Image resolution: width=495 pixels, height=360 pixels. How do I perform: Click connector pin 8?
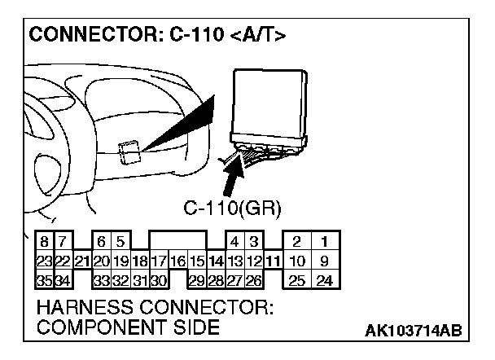pos(42,241)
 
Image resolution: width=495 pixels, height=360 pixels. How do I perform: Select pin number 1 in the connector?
pos(324,241)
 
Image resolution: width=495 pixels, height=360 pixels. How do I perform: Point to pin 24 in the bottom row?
pos(324,281)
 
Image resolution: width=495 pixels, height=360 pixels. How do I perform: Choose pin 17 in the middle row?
pos(159,261)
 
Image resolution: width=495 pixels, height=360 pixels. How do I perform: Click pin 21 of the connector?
pos(81,261)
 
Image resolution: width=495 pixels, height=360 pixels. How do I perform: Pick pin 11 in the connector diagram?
pos(274,261)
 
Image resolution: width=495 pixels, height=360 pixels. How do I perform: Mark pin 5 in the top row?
pos(120,241)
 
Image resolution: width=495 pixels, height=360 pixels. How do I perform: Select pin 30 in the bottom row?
pos(159,281)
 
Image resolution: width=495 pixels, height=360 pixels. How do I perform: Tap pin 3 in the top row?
pos(254,241)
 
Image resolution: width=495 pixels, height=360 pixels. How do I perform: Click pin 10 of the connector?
pos(298,261)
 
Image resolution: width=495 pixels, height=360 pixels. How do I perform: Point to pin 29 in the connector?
pos(196,281)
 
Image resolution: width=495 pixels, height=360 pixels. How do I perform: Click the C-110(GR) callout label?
pos(233,209)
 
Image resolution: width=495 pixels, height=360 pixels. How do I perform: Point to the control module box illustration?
pos(270,102)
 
